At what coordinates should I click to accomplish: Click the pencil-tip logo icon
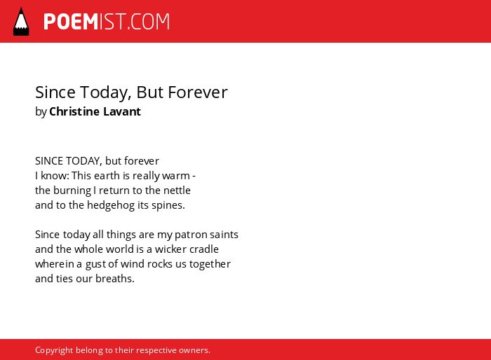21,22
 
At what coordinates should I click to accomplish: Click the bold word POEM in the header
71,22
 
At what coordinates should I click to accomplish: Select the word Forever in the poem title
198,92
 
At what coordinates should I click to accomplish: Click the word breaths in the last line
115,279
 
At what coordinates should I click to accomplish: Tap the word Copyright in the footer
54,350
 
